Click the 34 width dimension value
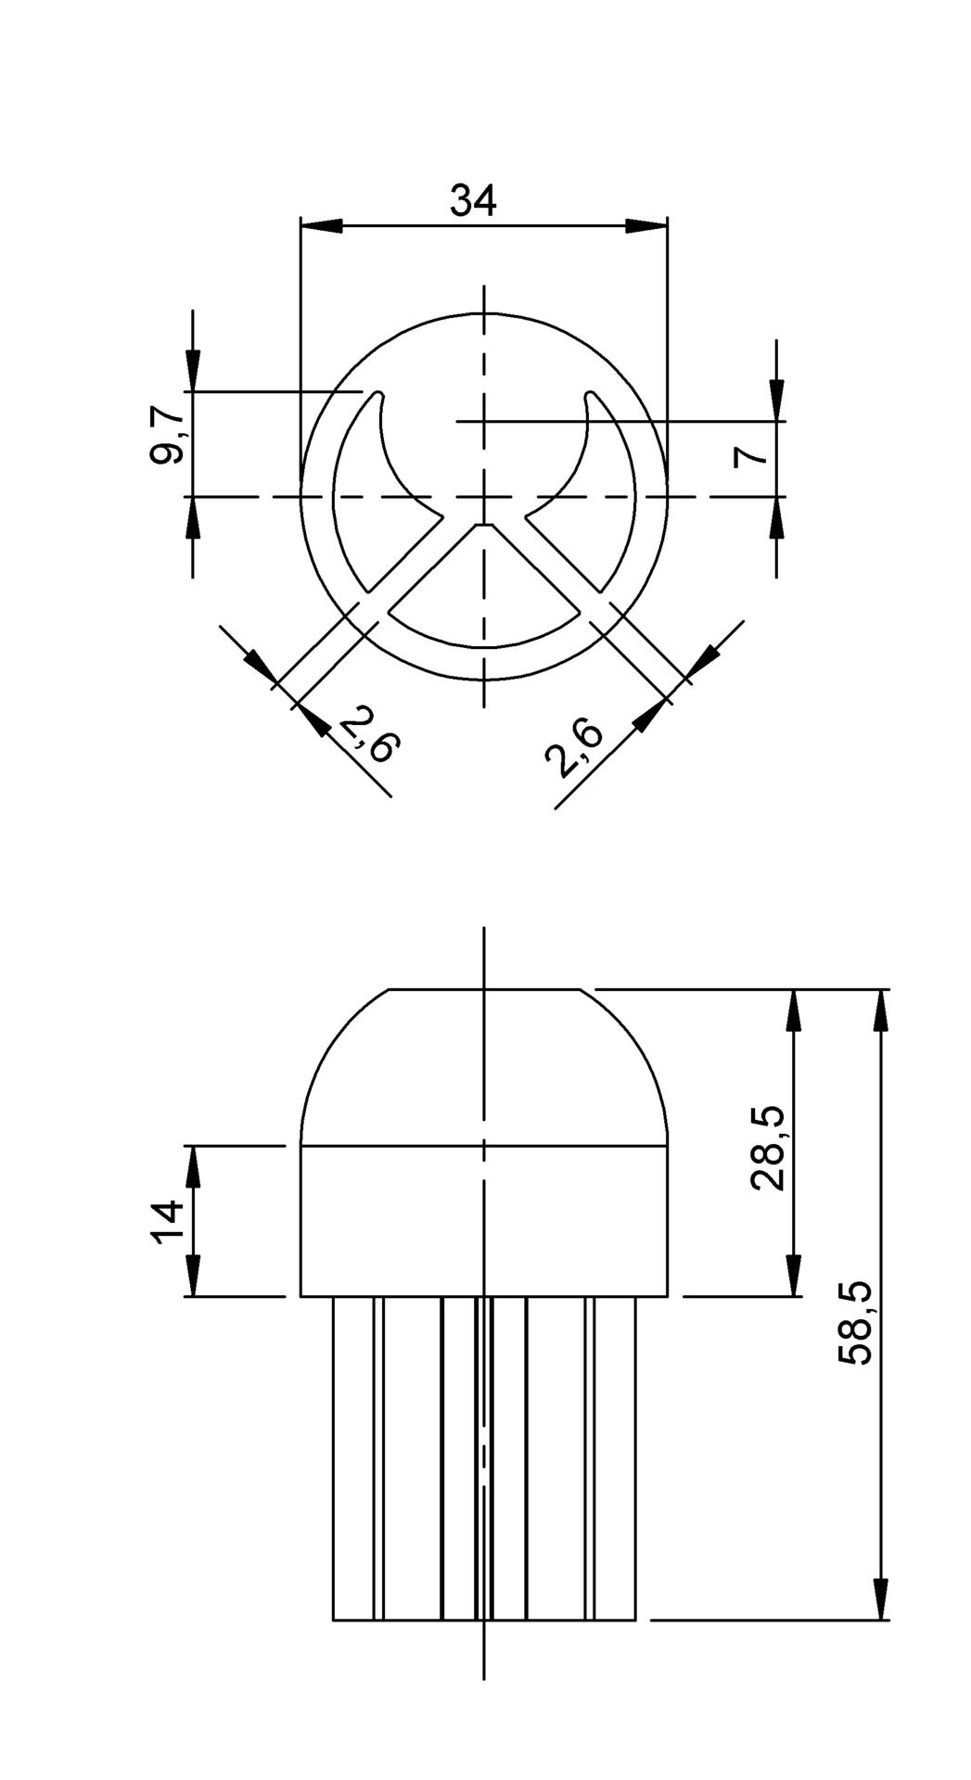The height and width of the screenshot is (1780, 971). click(473, 200)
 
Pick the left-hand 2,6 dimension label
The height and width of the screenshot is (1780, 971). click(370, 733)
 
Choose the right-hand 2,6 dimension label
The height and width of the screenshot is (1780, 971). click(576, 747)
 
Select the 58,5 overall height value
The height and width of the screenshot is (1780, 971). click(855, 1323)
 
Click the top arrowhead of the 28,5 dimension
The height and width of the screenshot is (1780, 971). click(793, 1011)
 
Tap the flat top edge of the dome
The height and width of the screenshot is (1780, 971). click(484, 989)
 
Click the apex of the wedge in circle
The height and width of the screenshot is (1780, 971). click(484, 525)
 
